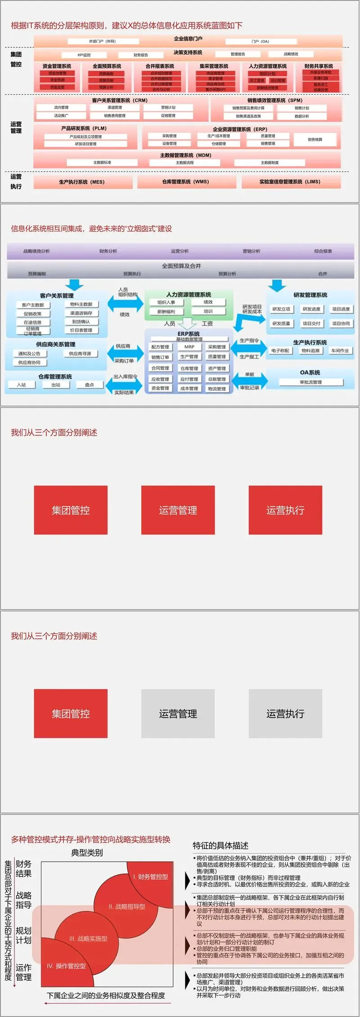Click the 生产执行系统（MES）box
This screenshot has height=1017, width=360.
coord(82,182)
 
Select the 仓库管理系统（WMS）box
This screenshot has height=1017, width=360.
coord(185,182)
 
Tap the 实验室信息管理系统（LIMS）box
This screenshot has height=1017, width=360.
coord(290,182)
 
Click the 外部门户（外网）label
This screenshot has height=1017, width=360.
coord(102,41)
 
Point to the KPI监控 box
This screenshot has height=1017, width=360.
coord(84,55)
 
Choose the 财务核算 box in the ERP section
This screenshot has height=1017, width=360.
coord(315,140)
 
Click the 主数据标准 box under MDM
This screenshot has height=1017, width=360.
coord(102,163)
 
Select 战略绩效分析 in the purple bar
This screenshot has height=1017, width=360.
coord(37,251)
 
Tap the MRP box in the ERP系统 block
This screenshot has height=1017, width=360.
coord(189,347)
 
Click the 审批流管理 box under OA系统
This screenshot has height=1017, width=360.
coord(310,382)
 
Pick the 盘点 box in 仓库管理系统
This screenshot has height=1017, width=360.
coord(89,385)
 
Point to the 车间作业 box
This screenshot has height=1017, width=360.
coord(340,351)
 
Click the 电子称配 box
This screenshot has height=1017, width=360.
coord(280,351)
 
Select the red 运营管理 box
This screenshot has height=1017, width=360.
coord(178,510)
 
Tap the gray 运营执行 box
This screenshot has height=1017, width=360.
coord(285,714)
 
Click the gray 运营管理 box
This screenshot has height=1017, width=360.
coord(178,714)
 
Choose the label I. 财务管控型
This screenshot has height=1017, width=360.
coord(150,877)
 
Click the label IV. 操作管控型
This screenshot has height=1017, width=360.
coord(67,966)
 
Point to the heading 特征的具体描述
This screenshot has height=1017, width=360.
coord(220,845)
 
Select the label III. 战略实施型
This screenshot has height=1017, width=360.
coord(88,939)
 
